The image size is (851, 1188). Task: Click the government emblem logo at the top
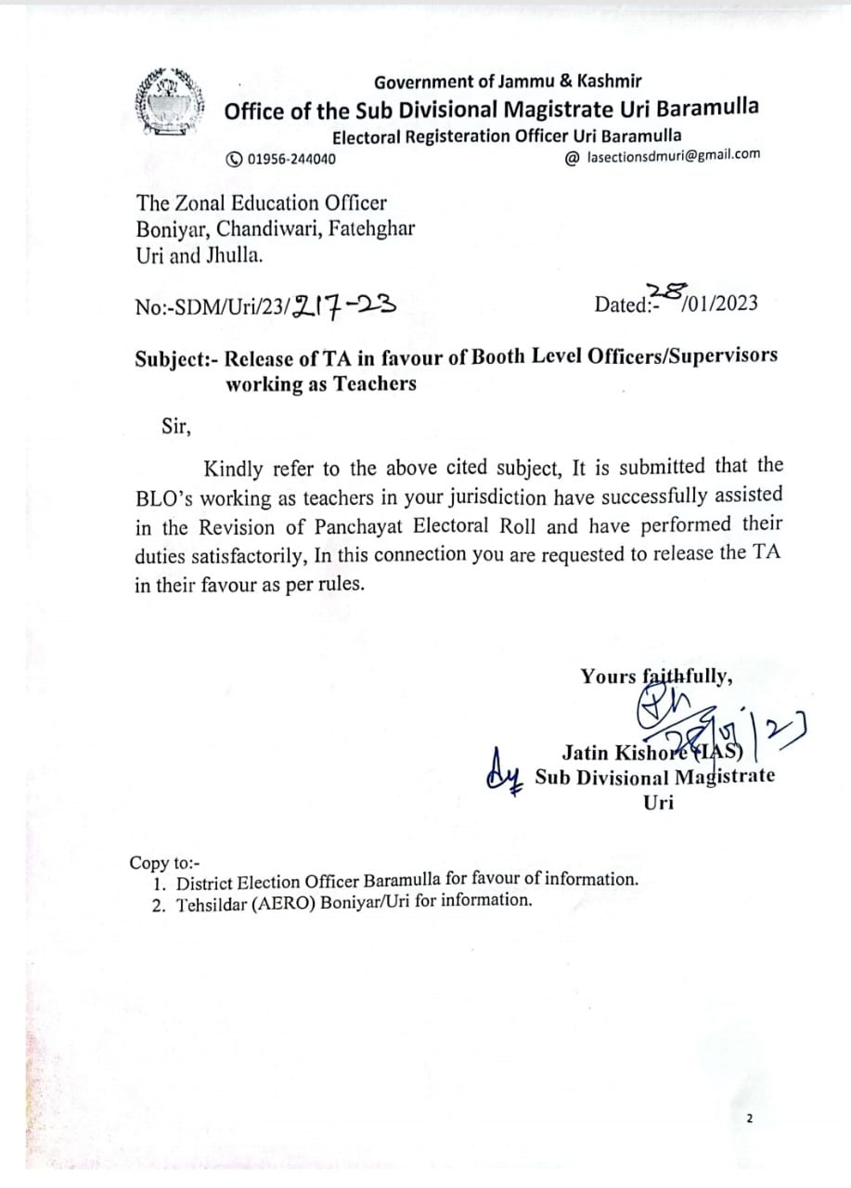coord(169,102)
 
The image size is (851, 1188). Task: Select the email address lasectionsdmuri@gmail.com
coord(674,155)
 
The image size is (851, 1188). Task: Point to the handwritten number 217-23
coord(344,303)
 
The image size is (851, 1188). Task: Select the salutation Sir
coord(176,427)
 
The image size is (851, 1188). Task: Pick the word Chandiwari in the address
coord(273,228)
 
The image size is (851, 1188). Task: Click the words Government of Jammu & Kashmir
coord(508,82)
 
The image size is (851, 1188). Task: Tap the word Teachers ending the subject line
coord(370,383)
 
